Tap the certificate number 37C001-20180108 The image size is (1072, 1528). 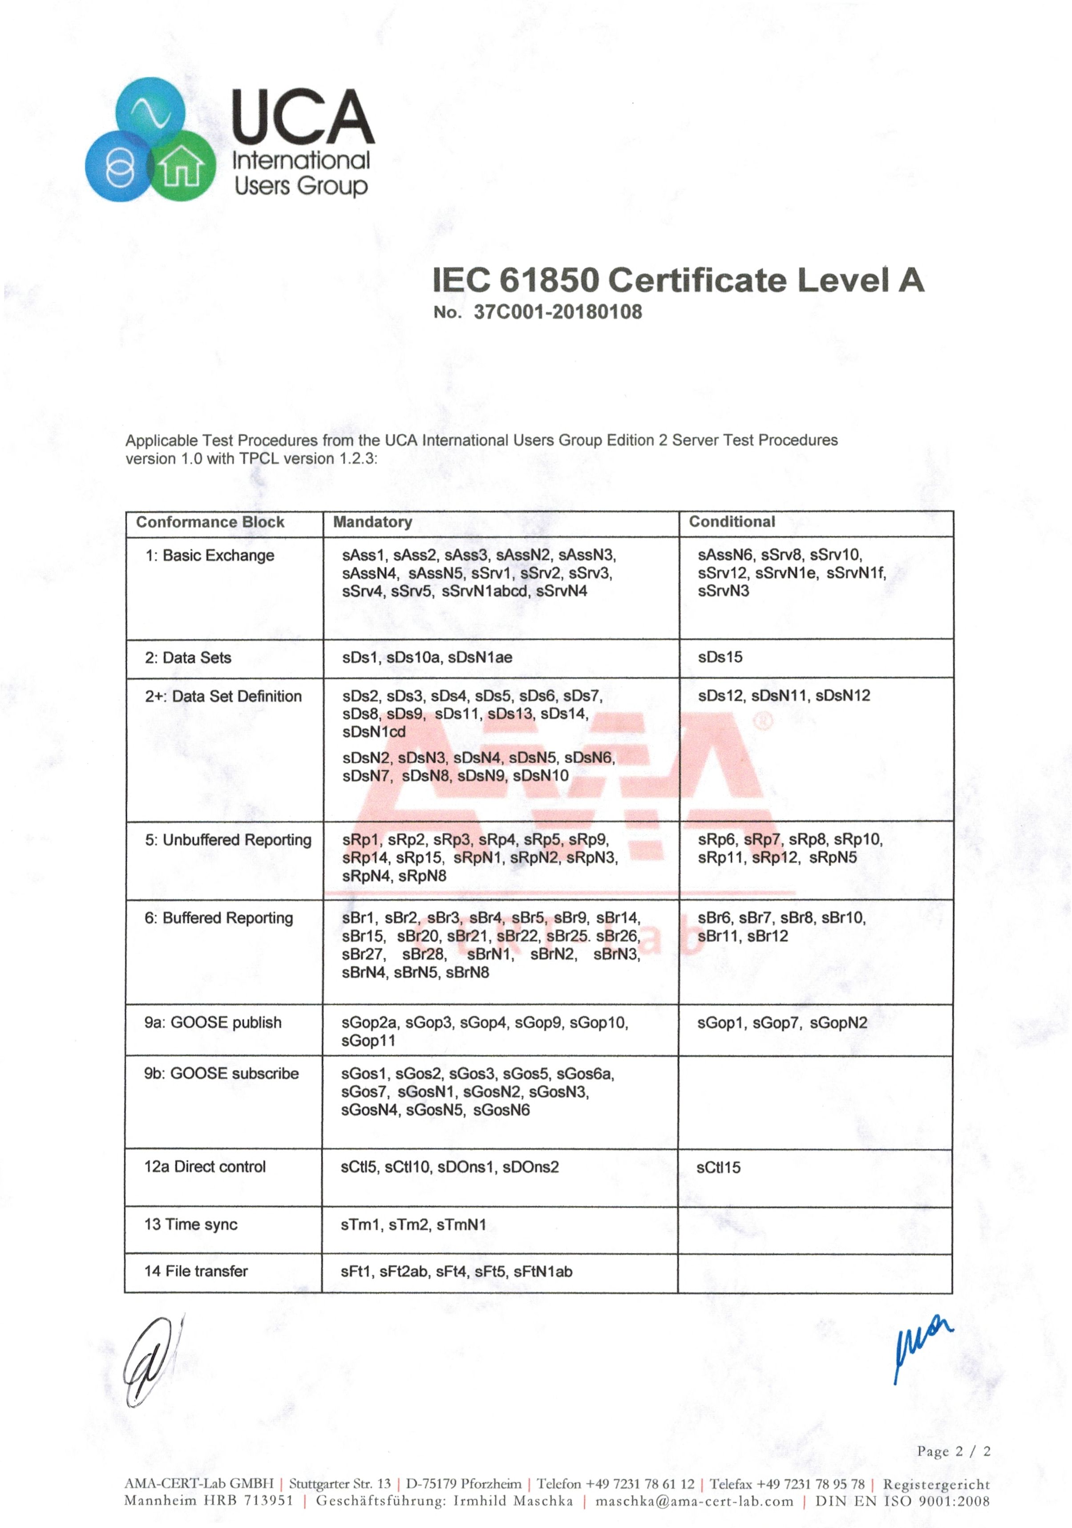click(x=558, y=312)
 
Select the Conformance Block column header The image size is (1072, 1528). click(x=210, y=522)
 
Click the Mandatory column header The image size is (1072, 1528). click(x=372, y=522)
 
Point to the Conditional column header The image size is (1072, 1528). click(x=732, y=522)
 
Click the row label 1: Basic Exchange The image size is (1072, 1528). click(x=210, y=556)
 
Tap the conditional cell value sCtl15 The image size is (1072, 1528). click(x=719, y=1167)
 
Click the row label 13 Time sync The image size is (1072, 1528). click(x=191, y=1225)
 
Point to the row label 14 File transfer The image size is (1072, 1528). click(x=196, y=1271)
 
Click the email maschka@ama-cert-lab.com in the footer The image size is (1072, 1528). click(x=694, y=1501)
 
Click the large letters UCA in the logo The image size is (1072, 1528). click(x=303, y=118)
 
